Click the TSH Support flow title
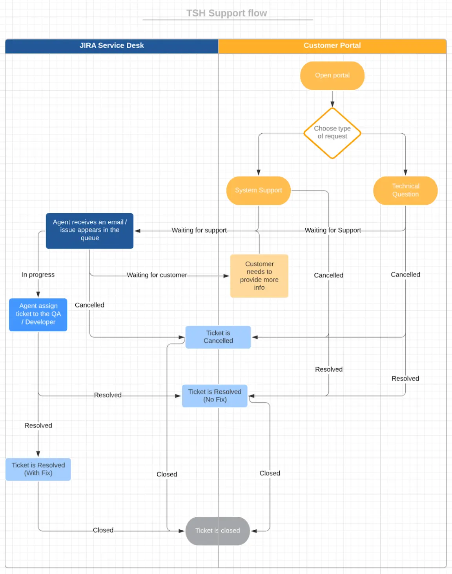click(x=226, y=13)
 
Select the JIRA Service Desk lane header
click(x=112, y=45)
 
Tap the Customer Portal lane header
click(x=332, y=45)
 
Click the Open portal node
click(x=332, y=75)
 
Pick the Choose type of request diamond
click(x=332, y=133)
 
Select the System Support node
click(x=258, y=190)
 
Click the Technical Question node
click(x=405, y=190)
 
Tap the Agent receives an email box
click(x=89, y=231)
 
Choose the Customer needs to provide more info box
click(x=259, y=276)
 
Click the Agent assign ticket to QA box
click(x=38, y=314)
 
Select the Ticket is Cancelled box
click(x=218, y=337)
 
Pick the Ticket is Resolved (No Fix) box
click(x=215, y=396)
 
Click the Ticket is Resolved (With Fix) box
click(x=38, y=469)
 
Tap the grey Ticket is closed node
click(x=217, y=530)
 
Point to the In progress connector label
click(x=38, y=274)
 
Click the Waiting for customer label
click(x=157, y=275)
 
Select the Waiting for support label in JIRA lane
click(x=199, y=230)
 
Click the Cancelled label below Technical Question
click(x=405, y=274)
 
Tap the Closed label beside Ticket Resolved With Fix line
click(x=103, y=530)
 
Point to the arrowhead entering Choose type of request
click(x=332, y=104)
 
